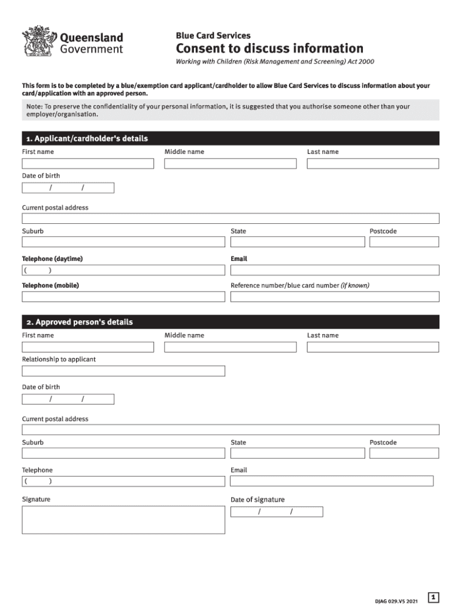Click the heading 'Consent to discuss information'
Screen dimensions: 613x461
269,48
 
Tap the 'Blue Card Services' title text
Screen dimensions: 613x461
213,36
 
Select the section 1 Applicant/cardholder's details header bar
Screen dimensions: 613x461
230,138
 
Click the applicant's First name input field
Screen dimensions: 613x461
87,163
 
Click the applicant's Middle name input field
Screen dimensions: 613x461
230,163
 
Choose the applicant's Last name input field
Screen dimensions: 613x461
372,163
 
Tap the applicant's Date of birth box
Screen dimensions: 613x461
68,188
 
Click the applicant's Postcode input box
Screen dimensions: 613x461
404,242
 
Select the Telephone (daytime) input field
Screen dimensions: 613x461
123,270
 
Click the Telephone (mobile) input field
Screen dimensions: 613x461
123,296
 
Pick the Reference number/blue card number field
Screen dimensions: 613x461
335,296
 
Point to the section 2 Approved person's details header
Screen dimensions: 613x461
230,322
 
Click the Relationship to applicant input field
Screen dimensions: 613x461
123,371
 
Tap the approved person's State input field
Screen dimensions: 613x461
297,453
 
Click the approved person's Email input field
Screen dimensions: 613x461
332,481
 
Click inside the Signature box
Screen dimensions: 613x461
123,520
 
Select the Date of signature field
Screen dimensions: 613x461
277,512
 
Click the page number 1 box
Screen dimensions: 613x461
434,597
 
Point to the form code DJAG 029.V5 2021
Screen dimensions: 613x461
393,600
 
